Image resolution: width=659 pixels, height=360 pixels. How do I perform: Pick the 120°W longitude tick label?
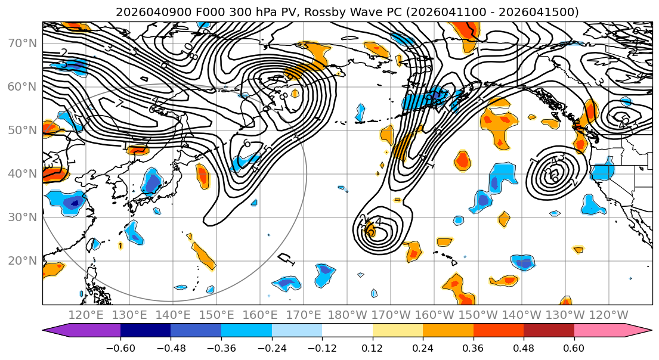pos(608,315)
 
